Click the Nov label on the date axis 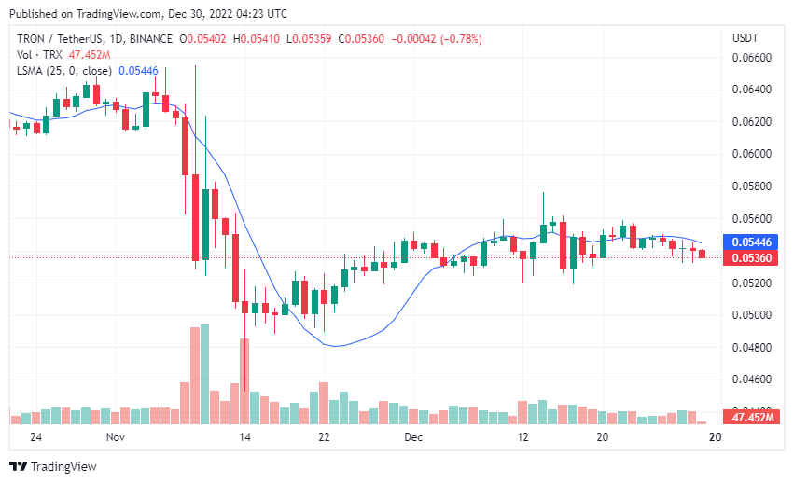click(116, 436)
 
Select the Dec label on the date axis click(413, 436)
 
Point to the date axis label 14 click(245, 436)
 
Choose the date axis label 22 click(324, 436)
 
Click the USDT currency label click(745, 37)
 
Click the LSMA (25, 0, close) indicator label click(64, 70)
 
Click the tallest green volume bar click(205, 374)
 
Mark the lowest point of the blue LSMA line click(337, 346)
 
